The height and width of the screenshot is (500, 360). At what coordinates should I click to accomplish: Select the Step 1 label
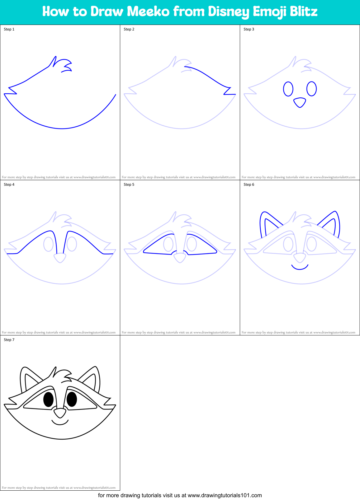click(9, 29)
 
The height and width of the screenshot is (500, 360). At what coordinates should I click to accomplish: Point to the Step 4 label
click(9, 185)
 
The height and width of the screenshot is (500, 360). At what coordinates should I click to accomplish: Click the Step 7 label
click(9, 340)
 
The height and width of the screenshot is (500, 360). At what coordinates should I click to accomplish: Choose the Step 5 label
click(129, 185)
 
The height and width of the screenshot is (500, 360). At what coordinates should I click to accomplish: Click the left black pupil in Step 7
click(48, 399)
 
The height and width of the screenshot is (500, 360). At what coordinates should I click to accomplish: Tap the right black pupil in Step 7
click(72, 399)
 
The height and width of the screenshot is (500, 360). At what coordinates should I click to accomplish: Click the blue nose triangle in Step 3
click(300, 102)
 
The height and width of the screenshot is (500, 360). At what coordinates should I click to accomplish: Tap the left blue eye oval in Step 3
click(288, 89)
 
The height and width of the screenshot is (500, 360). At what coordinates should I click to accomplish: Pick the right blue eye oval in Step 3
click(311, 89)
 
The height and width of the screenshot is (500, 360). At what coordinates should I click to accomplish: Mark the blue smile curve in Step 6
click(300, 268)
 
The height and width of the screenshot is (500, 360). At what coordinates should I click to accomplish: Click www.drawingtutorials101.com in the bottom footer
click(225, 495)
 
